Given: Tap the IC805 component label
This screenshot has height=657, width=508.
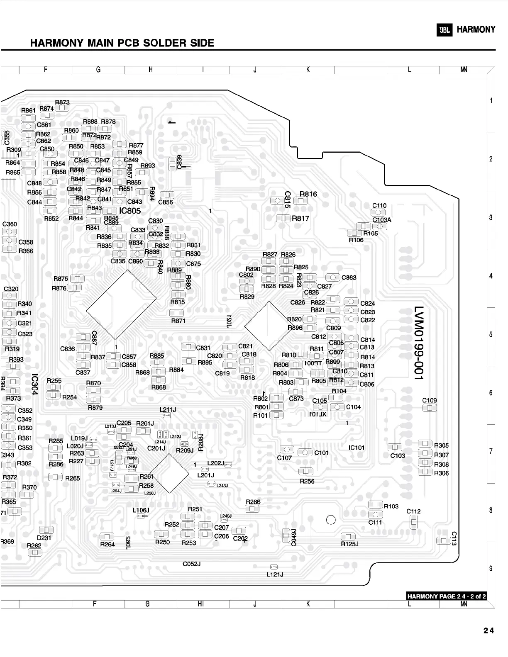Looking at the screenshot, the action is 130,211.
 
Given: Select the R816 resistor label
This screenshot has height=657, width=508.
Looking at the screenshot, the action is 308,194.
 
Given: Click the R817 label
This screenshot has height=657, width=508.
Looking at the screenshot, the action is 300,218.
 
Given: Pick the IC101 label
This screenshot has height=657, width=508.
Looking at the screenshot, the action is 357,448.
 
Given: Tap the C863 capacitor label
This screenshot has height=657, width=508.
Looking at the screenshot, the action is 349,277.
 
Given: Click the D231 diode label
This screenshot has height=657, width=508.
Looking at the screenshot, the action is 44,538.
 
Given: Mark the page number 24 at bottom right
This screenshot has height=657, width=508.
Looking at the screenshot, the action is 488,631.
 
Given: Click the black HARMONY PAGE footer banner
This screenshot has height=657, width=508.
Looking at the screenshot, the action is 446,596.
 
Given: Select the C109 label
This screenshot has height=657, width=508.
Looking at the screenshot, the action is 430,400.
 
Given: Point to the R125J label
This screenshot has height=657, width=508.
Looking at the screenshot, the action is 349,544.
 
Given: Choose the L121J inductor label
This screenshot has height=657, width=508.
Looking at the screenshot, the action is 275,574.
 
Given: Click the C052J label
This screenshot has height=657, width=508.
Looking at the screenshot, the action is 192,564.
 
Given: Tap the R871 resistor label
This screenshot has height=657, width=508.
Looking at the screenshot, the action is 178,321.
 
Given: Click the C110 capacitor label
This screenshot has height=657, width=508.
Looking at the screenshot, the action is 379,205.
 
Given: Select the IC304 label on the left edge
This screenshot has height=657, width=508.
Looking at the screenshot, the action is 35,384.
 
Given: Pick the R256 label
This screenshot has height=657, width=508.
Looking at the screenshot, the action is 307,481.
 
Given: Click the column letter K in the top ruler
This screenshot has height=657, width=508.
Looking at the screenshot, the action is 308,70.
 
